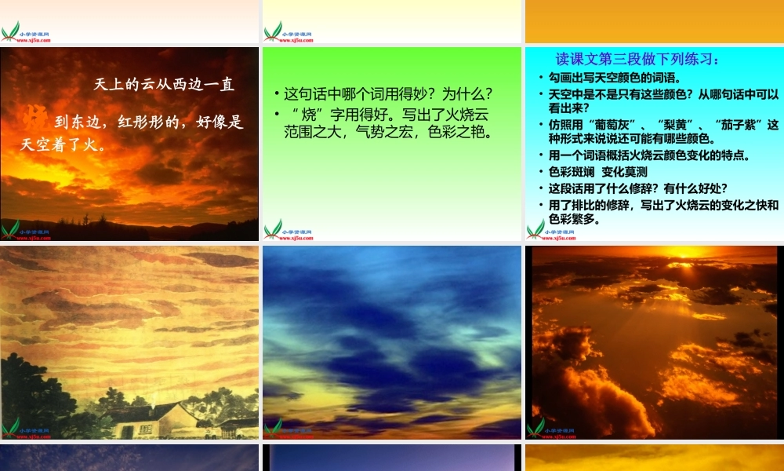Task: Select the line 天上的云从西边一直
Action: point(164,84)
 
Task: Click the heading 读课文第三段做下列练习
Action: point(637,60)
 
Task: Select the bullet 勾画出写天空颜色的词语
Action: point(614,78)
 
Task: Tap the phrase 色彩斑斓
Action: point(571,172)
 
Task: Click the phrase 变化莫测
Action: point(624,172)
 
